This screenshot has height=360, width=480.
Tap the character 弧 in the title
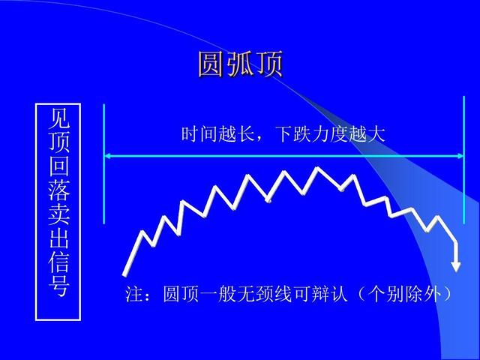click(240, 65)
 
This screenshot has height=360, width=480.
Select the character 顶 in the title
click(269, 65)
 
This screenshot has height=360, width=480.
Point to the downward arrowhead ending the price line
click(456, 264)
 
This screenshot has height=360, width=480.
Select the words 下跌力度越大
click(330, 135)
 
